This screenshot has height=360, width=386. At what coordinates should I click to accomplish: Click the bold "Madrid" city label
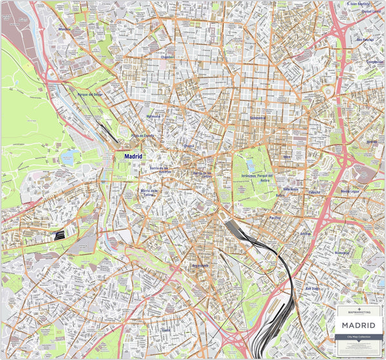click(x=133, y=156)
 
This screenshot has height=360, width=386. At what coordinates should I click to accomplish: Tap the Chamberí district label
click(x=167, y=57)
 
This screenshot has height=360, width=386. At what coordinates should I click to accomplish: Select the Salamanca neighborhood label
click(x=259, y=118)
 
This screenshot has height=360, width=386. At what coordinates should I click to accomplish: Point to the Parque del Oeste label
click(x=90, y=94)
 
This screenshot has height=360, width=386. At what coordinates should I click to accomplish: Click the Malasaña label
click(x=154, y=116)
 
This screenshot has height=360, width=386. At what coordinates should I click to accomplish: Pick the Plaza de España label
click(x=143, y=136)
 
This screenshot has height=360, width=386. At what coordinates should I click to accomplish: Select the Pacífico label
click(x=275, y=218)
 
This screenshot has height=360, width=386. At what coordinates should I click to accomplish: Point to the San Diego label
click(x=312, y=289)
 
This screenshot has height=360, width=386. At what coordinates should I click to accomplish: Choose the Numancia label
click(x=343, y=253)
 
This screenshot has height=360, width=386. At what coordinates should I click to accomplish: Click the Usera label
click(x=166, y=330)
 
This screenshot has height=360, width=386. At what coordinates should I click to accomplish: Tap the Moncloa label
click(x=64, y=29)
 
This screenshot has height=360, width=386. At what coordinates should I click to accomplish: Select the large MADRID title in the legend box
click(x=359, y=325)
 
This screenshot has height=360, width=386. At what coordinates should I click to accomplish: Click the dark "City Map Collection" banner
click(x=359, y=337)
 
